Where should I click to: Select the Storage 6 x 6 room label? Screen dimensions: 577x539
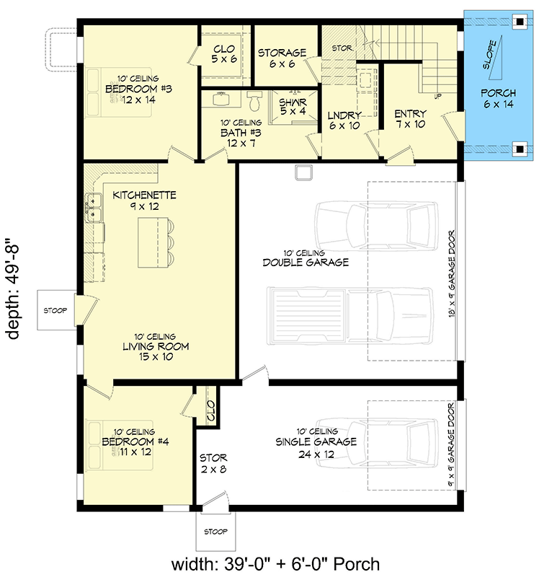282,58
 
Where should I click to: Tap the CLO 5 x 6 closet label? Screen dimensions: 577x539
225,54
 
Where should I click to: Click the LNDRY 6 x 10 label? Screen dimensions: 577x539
344,120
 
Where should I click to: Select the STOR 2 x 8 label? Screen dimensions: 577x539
213,463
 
